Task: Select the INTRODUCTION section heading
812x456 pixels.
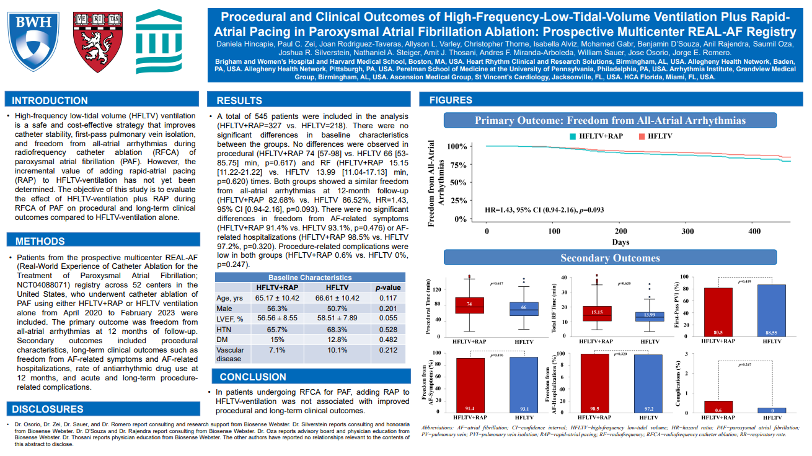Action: point(50,101)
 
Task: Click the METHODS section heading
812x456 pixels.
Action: point(40,242)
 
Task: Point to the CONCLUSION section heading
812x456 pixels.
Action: point(254,377)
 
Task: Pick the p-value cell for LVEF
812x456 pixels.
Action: point(388,318)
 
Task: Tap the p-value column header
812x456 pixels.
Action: point(388,287)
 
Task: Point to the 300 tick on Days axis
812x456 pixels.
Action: point(687,231)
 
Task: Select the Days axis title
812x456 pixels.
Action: point(620,242)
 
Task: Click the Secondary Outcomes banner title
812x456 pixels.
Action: point(610,258)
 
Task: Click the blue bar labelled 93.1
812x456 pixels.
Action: point(524,385)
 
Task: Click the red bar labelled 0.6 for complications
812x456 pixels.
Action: point(717,406)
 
